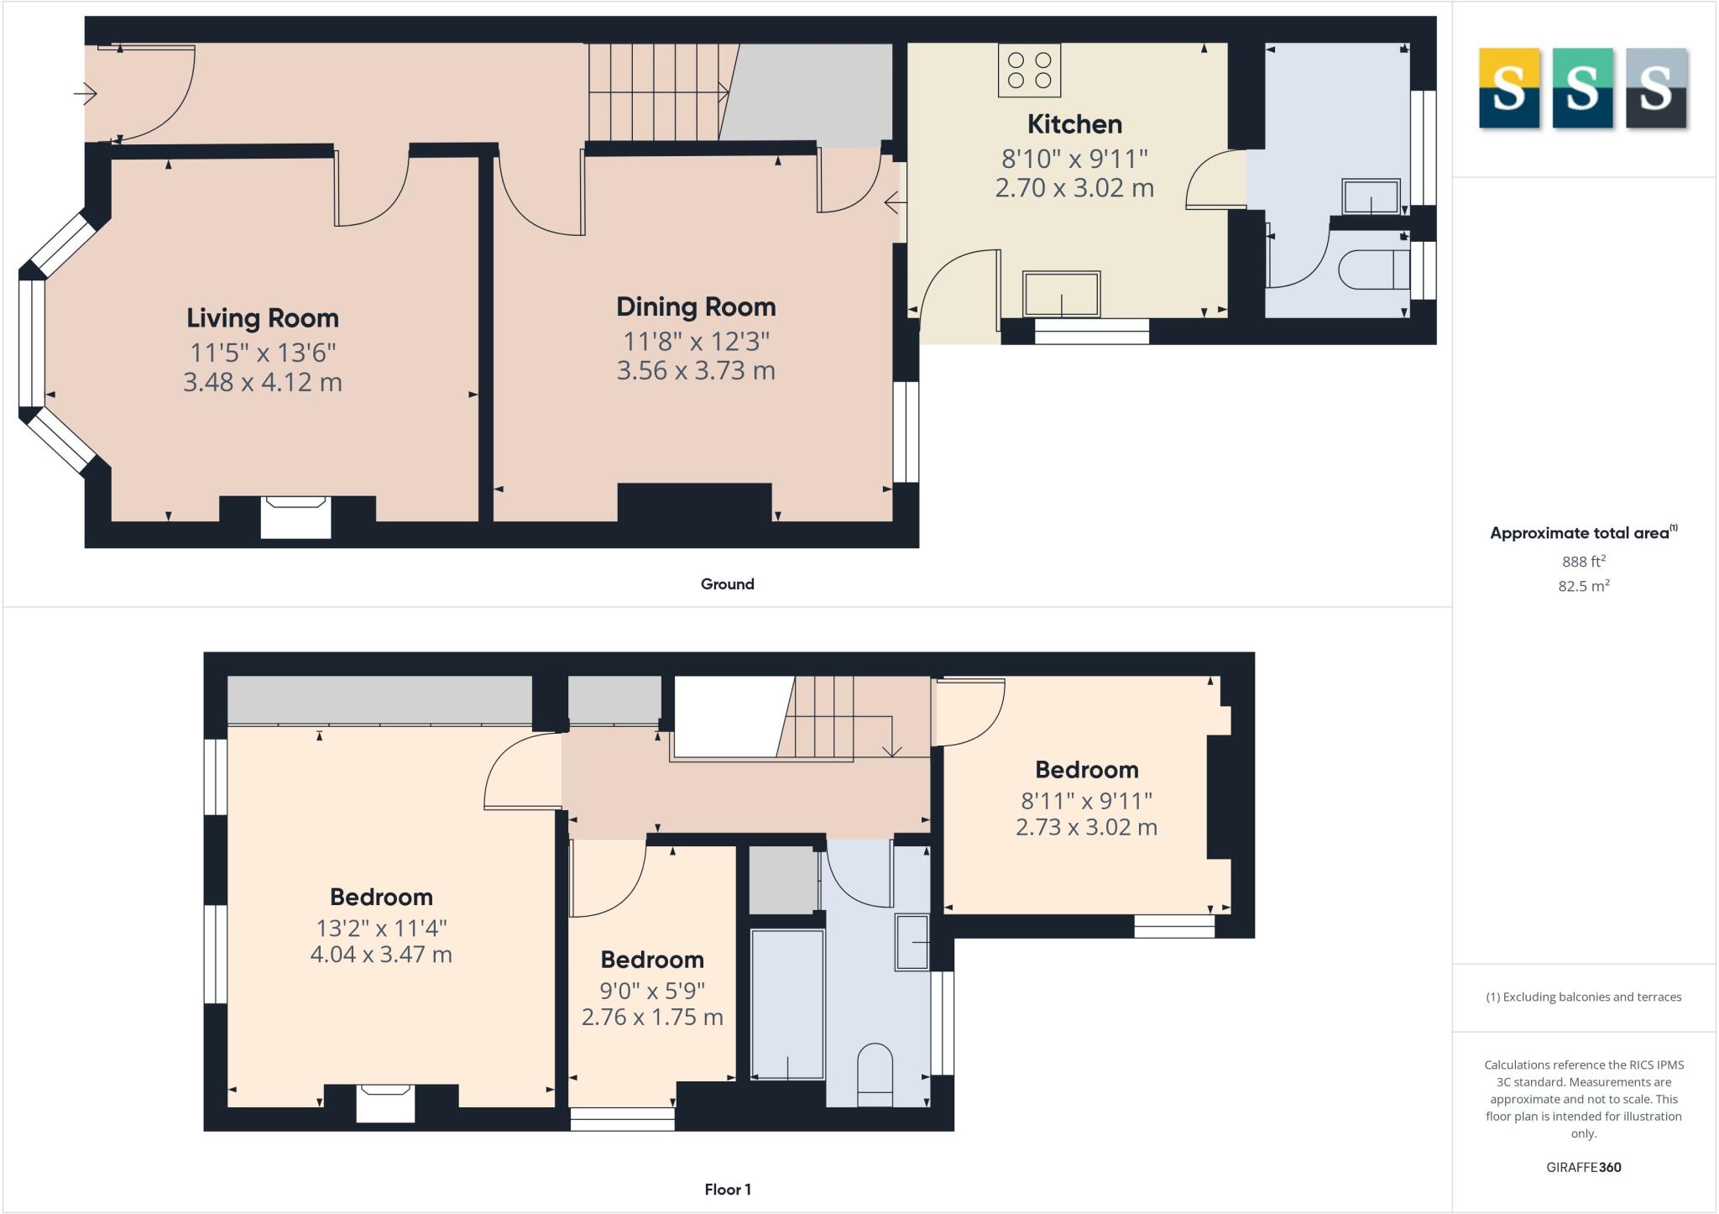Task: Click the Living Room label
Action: pos(262,318)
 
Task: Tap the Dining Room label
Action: pos(696,307)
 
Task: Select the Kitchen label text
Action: pos(1074,124)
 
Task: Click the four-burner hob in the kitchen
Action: pos(1029,71)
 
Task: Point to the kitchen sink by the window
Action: pos(1061,294)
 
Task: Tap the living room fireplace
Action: pos(295,516)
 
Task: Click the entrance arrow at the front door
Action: pos(86,94)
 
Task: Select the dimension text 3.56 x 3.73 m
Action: pos(696,370)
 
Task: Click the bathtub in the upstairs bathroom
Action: pos(787,1004)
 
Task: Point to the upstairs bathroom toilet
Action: pos(875,1075)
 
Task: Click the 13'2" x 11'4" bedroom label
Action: pos(381,897)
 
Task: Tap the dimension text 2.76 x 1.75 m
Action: pos(652,1018)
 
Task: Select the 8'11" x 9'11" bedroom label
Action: pos(1086,770)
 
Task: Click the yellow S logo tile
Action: pos(1508,88)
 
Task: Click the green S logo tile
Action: pos(1582,88)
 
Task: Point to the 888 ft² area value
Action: pos(1583,562)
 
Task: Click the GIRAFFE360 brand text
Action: pos(1583,1167)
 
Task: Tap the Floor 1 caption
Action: pos(727,1190)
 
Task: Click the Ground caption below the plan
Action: pos(727,584)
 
